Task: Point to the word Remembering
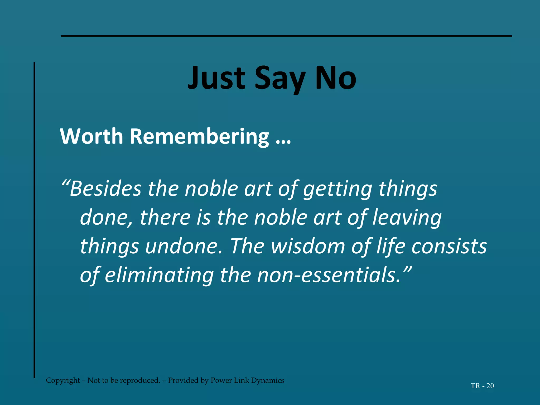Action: click(x=199, y=136)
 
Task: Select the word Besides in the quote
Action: click(x=105, y=189)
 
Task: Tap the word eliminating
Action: click(x=159, y=275)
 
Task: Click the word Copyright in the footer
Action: click(x=63, y=380)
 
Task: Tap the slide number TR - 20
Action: click(x=482, y=386)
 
